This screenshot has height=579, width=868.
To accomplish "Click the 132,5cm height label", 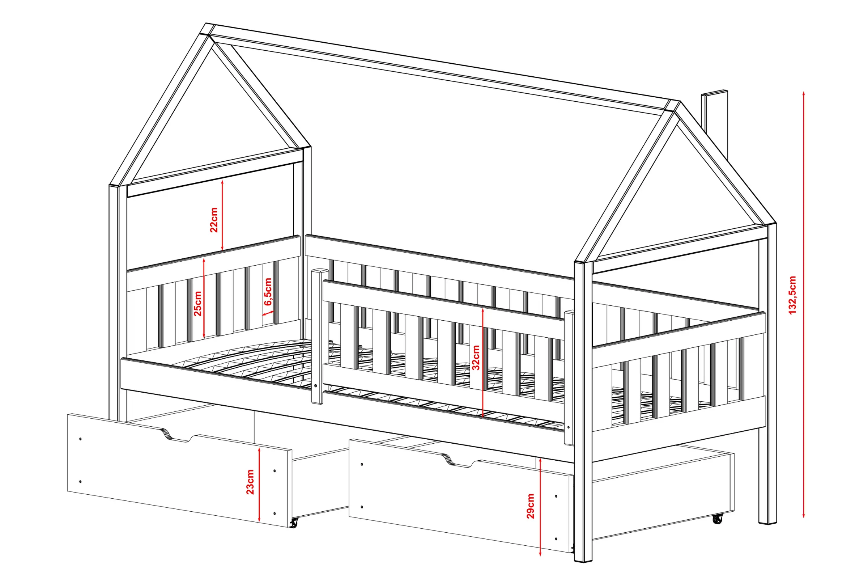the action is pyautogui.click(x=792, y=295).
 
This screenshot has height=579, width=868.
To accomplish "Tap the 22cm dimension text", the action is pyautogui.click(x=214, y=220).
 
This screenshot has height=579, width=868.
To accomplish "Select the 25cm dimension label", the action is pyautogui.click(x=198, y=304).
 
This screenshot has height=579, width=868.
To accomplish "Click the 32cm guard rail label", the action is pyautogui.click(x=476, y=358).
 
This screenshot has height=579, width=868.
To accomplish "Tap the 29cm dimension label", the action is pyautogui.click(x=530, y=506).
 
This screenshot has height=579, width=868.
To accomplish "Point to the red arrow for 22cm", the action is pyautogui.click(x=222, y=215).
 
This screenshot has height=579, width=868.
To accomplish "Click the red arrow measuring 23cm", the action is pyautogui.click(x=259, y=484).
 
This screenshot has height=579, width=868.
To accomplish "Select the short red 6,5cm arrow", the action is pyautogui.click(x=268, y=313).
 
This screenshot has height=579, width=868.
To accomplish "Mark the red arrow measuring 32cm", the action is pyautogui.click(x=483, y=362).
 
